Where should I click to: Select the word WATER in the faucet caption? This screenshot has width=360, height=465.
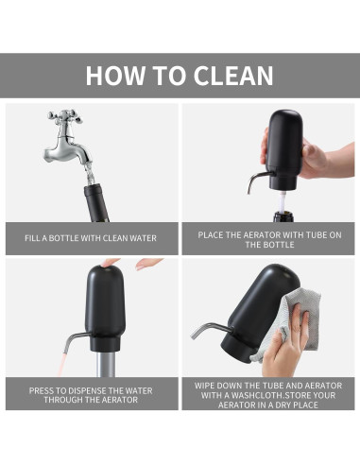140,238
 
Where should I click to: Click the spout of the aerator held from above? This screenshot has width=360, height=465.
253,180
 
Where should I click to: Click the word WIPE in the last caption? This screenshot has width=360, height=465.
207,386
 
